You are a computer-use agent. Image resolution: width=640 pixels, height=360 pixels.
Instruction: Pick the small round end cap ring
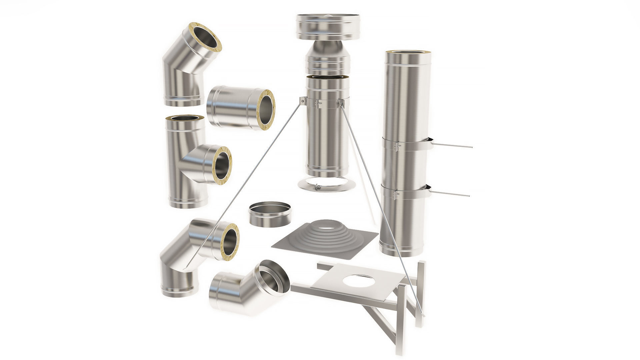pyautogui.click(x=269, y=214)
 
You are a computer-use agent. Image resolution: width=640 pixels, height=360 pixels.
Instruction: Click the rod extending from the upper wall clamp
pyautogui.click(x=453, y=146)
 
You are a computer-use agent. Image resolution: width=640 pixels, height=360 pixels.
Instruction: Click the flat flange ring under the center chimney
pyautogui.click(x=327, y=185)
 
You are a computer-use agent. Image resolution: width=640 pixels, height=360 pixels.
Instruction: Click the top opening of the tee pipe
pyautogui.click(x=185, y=118)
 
